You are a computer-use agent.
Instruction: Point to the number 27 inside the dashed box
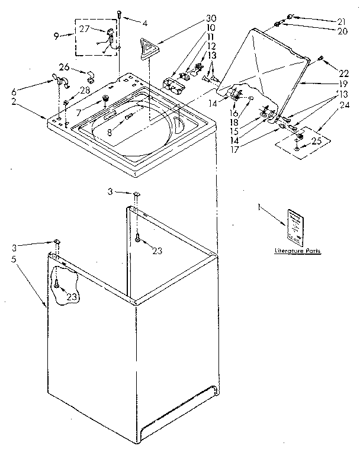(84, 28)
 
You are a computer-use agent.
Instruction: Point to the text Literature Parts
(297, 251)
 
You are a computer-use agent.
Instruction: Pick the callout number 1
(259, 207)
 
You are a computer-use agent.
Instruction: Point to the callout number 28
(85, 89)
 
